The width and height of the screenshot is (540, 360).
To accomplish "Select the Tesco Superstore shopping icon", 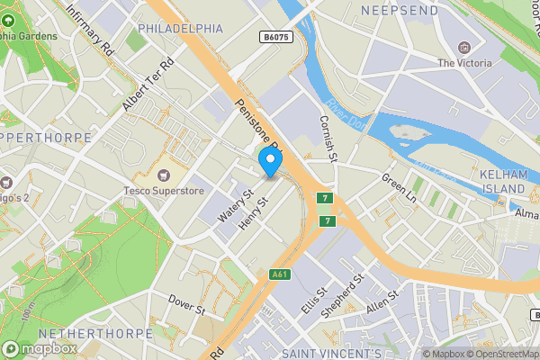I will click(164, 174).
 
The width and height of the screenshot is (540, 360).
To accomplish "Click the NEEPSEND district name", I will click(399, 10).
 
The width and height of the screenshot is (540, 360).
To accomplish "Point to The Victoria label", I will click(464, 63).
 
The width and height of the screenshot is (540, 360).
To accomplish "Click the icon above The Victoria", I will click(464, 47).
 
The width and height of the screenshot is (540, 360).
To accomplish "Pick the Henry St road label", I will click(253, 212).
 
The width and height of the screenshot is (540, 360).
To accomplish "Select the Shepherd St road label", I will click(346, 296).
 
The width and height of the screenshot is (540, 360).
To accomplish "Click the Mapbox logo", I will click(37, 348).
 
